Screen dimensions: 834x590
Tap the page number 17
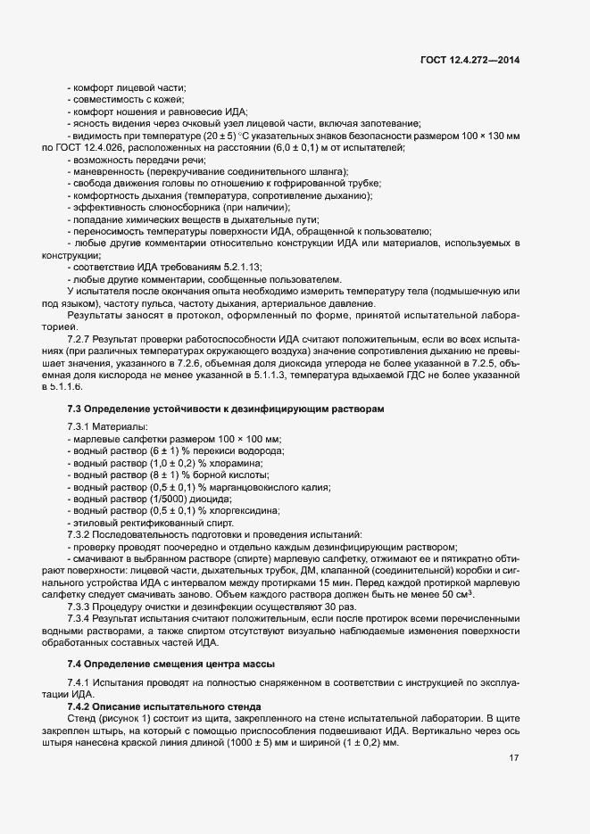tap(514, 758)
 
